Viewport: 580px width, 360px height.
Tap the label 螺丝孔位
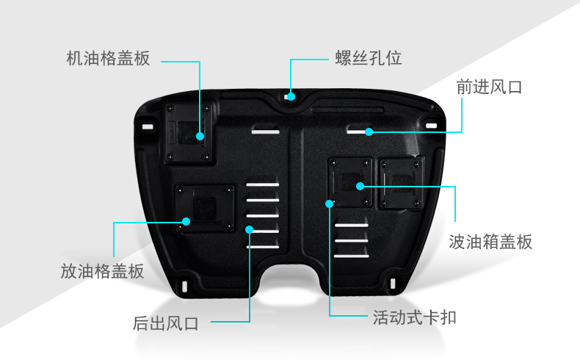[x=369, y=58]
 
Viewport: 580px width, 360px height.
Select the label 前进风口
[x=488, y=87]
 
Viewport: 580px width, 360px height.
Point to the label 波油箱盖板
[x=490, y=242]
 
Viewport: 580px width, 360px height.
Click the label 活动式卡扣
[x=416, y=317]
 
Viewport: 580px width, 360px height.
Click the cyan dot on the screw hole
[x=291, y=96]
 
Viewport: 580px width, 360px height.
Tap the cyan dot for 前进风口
[x=369, y=132]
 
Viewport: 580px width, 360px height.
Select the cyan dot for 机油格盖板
[x=199, y=136]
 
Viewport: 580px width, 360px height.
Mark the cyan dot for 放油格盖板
[x=186, y=220]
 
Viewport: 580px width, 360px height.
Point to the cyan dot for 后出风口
[x=250, y=229]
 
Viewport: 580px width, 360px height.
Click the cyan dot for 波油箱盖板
[x=360, y=186]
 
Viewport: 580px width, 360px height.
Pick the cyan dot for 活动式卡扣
[x=328, y=204]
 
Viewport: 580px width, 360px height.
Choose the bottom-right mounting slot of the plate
[x=394, y=284]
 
